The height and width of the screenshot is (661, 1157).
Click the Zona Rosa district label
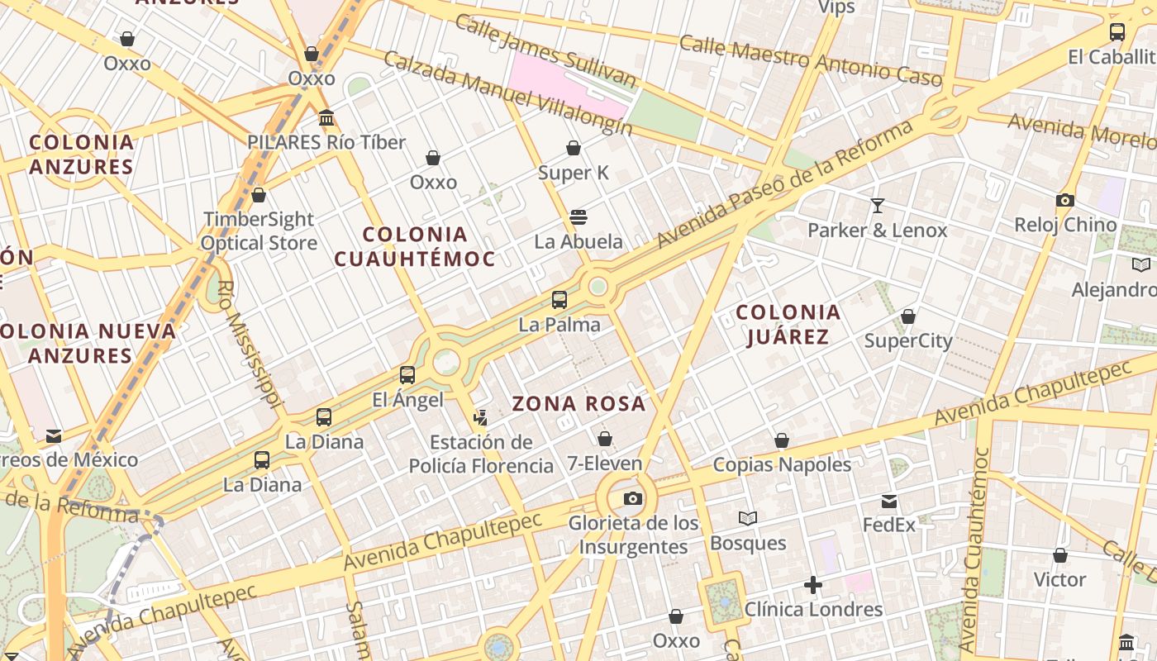pyautogui.click(x=578, y=404)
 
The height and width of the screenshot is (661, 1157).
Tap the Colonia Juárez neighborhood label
pyautogui.click(x=788, y=325)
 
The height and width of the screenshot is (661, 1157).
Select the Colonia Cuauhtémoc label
pyautogui.click(x=415, y=246)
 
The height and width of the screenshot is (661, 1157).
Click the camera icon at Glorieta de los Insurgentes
pyautogui.click(x=633, y=498)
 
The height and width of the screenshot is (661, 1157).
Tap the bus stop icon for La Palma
pyautogui.click(x=559, y=300)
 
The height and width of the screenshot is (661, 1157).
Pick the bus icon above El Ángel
pyautogui.click(x=407, y=375)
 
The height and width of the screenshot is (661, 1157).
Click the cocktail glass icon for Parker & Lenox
pyautogui.click(x=877, y=206)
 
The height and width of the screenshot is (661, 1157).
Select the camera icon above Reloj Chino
pyautogui.click(x=1065, y=200)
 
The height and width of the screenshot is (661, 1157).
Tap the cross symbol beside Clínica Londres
pyautogui.click(x=813, y=586)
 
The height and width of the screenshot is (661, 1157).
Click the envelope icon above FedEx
pyautogui.click(x=889, y=501)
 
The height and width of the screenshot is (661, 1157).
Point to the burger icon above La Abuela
pyautogui.click(x=578, y=217)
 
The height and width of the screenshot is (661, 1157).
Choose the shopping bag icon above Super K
pyautogui.click(x=574, y=148)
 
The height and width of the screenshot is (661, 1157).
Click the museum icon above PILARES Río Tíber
pyautogui.click(x=326, y=118)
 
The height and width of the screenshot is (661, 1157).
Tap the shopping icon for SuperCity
pyautogui.click(x=908, y=316)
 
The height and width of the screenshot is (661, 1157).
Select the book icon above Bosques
pyautogui.click(x=748, y=518)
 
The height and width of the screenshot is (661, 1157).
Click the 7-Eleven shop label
pyautogui.click(x=605, y=464)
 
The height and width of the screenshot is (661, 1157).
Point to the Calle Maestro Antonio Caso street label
pyautogui.click(x=810, y=60)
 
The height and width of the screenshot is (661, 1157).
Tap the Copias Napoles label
pyautogui.click(x=782, y=464)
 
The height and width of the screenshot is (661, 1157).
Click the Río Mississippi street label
pyautogui.click(x=250, y=343)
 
